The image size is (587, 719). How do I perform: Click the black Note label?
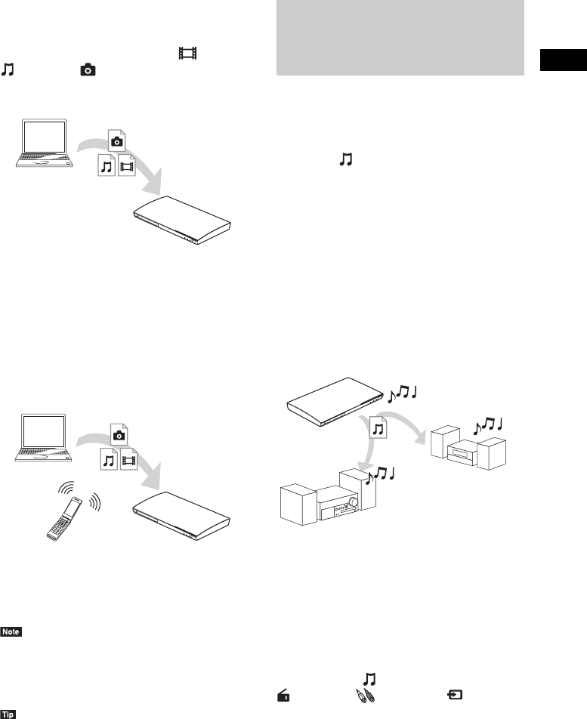[13, 631]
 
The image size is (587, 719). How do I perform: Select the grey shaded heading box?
[400, 38]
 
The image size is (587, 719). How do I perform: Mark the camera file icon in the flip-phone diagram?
[117, 433]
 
